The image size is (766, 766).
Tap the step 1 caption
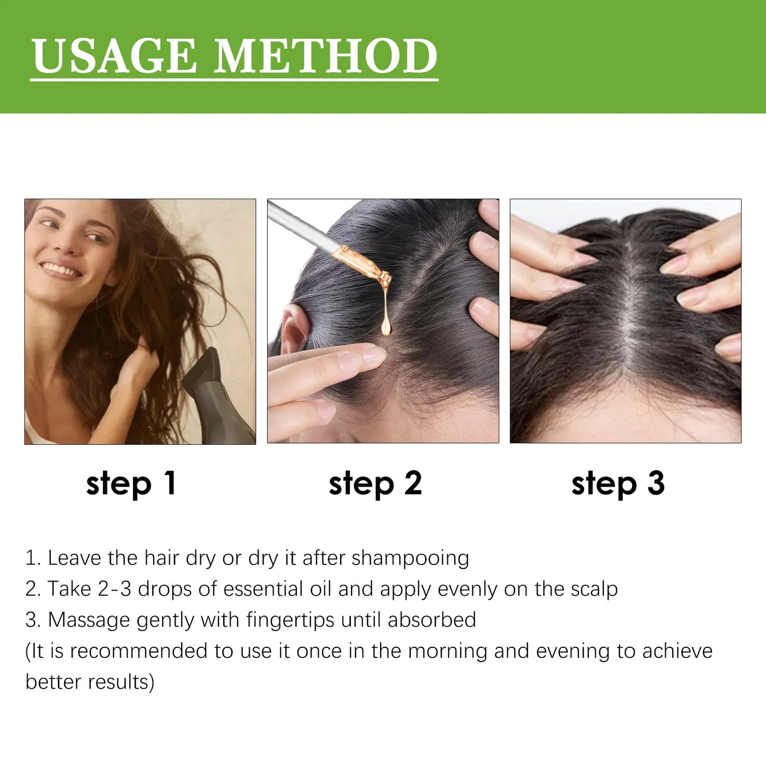click(x=131, y=483)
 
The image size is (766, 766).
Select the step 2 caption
click(x=375, y=483)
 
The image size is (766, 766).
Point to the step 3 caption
click(x=618, y=483)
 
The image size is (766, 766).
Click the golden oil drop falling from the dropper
click(x=386, y=325)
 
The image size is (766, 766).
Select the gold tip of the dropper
click(x=366, y=265)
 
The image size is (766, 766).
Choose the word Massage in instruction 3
click(x=89, y=620)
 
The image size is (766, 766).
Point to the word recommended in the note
click(x=138, y=651)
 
